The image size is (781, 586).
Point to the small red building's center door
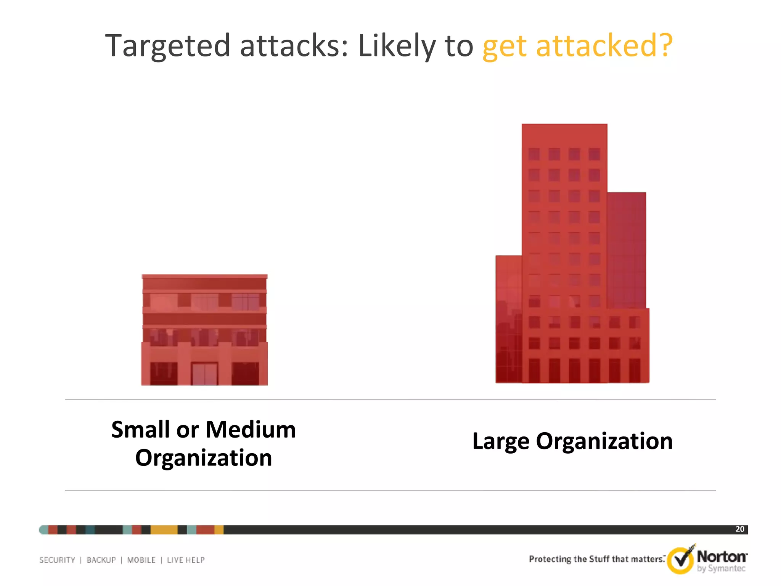(x=204, y=374)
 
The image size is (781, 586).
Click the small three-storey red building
(x=204, y=330)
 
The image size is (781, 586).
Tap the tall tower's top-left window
(x=534, y=155)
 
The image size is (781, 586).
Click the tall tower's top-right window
(x=594, y=155)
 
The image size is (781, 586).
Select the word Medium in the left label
(x=251, y=430)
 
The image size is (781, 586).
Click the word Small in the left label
(x=140, y=430)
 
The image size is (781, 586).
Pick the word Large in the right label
(x=501, y=441)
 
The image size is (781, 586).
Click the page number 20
(x=740, y=529)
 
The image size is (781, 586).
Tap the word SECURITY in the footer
(x=57, y=560)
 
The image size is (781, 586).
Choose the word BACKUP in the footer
(x=101, y=560)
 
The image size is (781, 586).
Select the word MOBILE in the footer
(x=141, y=560)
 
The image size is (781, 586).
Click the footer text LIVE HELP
(x=186, y=560)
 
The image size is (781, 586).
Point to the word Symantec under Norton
(x=726, y=568)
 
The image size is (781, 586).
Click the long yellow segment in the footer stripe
(x=164, y=530)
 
